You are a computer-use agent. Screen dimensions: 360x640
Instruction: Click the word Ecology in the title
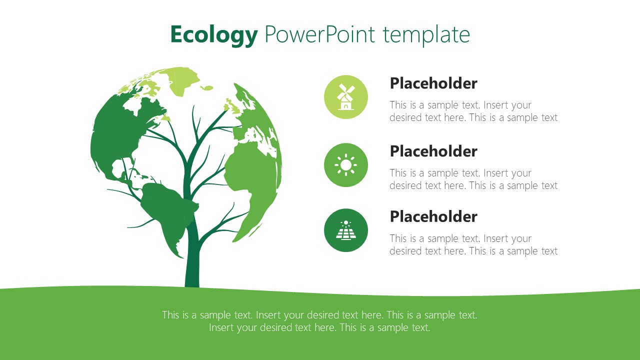coord(213,35)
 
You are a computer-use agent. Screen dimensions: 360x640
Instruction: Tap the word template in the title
coord(426,35)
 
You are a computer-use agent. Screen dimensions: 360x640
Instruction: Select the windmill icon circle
coord(346,97)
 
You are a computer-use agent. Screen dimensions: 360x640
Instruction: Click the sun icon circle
coord(346,165)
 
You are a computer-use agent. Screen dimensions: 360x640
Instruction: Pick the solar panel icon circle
coord(346,230)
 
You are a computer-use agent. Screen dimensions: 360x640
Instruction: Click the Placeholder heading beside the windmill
coord(433,83)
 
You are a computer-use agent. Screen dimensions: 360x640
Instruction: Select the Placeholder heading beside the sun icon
coord(433,151)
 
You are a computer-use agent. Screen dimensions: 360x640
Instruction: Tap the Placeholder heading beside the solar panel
coord(433,216)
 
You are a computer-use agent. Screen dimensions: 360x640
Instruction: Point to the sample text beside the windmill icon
coord(473,111)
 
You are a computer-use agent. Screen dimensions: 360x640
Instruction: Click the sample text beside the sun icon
coord(473,179)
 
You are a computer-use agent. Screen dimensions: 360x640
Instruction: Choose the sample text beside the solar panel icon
coord(473,245)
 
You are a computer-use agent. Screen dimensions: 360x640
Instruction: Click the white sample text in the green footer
coord(320,321)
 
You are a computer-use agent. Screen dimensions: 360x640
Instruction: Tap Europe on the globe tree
coord(255,120)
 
